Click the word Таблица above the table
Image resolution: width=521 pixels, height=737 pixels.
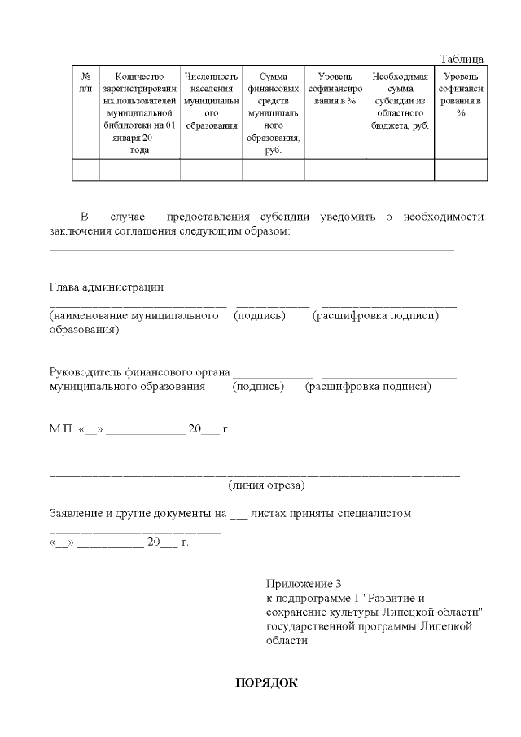pos(462,59)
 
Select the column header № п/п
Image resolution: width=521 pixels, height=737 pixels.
pos(85,81)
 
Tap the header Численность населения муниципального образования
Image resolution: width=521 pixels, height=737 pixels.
pos(211,101)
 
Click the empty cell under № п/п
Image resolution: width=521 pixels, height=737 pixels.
pos(85,169)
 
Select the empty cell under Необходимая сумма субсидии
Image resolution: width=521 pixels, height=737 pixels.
pos(400,169)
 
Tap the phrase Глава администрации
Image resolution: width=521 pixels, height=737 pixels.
pos(107,287)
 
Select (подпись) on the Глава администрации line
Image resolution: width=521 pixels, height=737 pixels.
pos(259,315)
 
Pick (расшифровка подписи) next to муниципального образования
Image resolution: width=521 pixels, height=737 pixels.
pos(368,387)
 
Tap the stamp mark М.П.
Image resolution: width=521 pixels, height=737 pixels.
pos(62,429)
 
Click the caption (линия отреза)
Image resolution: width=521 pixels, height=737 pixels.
pos(267,485)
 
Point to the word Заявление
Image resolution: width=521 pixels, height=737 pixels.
pos(81,514)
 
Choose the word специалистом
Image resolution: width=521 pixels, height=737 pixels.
pos(370,514)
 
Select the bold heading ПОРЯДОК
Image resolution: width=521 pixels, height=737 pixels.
pos(266,682)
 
